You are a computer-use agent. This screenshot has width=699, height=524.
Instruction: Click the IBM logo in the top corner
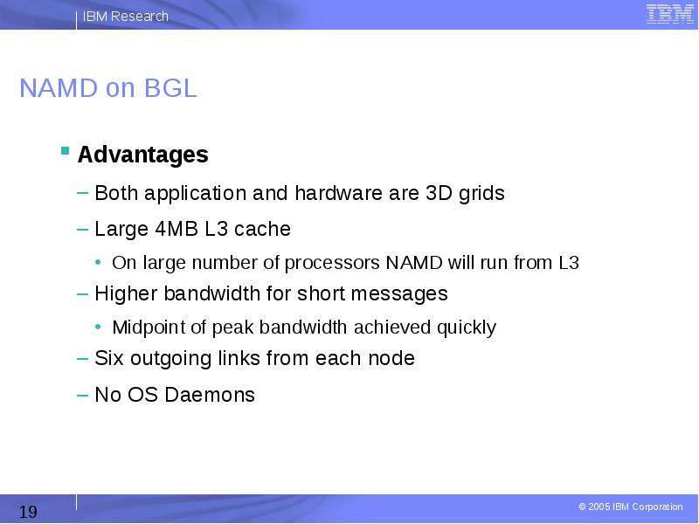[670, 14]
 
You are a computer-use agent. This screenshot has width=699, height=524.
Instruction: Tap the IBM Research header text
[126, 16]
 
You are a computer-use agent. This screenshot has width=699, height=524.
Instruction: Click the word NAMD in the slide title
[59, 88]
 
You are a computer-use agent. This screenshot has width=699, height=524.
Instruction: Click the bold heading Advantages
[142, 155]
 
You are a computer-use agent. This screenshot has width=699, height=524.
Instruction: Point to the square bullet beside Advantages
[65, 150]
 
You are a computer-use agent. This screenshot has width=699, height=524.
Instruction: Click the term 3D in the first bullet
[439, 193]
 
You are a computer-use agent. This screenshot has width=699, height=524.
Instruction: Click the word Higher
[126, 294]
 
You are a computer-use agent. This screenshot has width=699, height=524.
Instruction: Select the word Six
[109, 358]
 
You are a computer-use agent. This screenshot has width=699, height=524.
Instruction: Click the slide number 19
[28, 512]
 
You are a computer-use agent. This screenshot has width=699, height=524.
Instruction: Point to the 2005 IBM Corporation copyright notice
[631, 507]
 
